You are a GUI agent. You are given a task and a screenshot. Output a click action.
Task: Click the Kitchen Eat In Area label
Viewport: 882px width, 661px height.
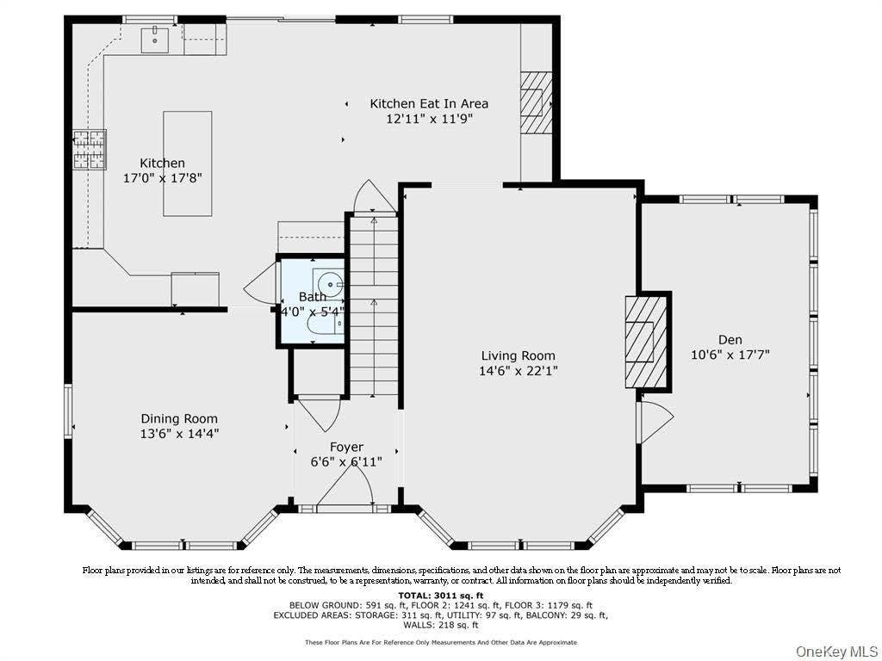pyautogui.click(x=429, y=103)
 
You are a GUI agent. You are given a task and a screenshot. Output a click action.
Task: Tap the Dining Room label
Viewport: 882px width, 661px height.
pyautogui.click(x=179, y=418)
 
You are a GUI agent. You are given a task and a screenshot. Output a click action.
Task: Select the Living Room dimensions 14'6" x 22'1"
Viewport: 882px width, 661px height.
pyautogui.click(x=518, y=370)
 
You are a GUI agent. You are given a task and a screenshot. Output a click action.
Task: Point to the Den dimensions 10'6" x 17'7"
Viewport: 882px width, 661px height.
pyautogui.click(x=730, y=355)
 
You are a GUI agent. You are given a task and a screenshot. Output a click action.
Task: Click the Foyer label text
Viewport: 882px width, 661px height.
pyautogui.click(x=346, y=447)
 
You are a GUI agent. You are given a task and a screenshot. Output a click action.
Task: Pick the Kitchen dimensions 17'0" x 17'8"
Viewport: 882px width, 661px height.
pyautogui.click(x=163, y=178)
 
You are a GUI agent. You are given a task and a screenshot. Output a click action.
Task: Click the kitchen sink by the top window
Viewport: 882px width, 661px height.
pyautogui.click(x=155, y=38)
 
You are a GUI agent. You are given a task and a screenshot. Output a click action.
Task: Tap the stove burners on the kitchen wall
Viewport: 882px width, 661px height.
pyautogui.click(x=90, y=150)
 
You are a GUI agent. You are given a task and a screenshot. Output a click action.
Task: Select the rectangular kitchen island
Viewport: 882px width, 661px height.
pyautogui.click(x=187, y=164)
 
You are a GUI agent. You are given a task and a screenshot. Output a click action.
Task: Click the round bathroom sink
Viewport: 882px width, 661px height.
pyautogui.click(x=330, y=284)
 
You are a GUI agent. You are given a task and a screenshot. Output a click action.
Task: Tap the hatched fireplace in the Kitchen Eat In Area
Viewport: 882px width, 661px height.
pyautogui.click(x=536, y=102)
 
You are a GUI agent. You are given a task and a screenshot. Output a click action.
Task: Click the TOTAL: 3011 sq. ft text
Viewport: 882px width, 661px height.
pyautogui.click(x=440, y=596)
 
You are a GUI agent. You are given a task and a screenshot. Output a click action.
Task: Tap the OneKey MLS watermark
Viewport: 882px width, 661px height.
pyautogui.click(x=836, y=652)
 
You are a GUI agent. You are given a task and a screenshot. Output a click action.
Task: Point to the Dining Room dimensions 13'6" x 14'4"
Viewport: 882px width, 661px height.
pyautogui.click(x=179, y=434)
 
